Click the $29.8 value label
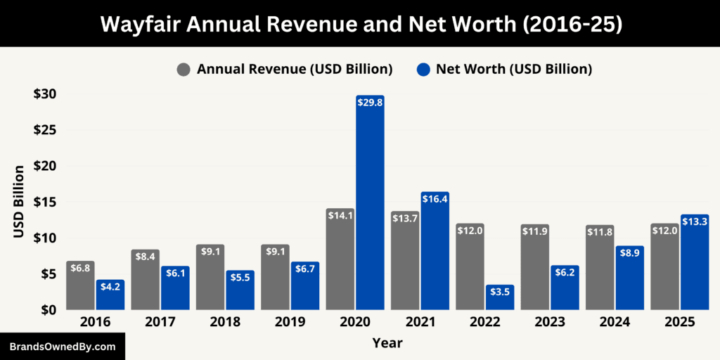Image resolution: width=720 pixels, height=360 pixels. click(x=370, y=103)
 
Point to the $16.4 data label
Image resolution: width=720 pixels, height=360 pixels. click(x=435, y=200)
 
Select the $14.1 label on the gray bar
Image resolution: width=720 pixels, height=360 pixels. click(x=340, y=216)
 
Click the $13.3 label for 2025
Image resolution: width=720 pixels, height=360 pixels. click(x=695, y=222)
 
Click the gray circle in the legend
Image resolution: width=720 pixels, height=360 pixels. click(x=184, y=70)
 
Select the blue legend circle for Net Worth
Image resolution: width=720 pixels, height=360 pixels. click(x=423, y=70)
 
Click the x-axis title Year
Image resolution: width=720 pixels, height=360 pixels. click(x=387, y=342)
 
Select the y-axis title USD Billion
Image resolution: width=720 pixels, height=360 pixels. click(x=19, y=201)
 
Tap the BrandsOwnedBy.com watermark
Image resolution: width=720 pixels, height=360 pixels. click(x=62, y=347)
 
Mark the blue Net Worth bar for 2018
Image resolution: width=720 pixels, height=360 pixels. click(x=240, y=290)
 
